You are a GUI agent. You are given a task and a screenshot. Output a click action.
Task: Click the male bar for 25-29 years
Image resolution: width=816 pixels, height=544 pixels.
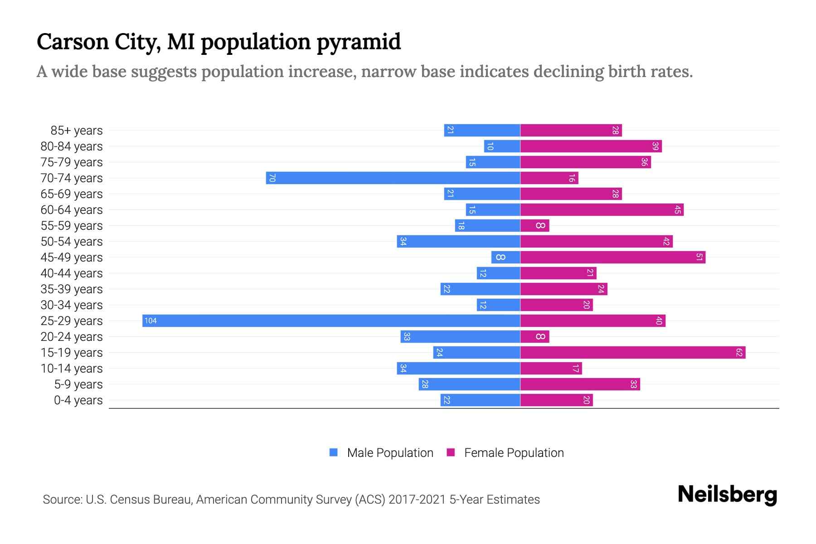click(x=331, y=321)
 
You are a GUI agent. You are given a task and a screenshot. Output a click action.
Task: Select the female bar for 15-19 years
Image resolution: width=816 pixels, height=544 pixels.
click(x=632, y=352)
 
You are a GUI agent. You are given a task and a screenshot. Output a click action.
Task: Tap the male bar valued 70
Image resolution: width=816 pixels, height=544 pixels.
click(x=393, y=178)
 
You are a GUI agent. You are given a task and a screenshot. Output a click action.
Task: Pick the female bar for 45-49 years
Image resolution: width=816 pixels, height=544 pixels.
click(x=612, y=257)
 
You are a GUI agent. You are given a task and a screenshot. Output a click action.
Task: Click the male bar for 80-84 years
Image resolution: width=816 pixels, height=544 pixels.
click(x=502, y=146)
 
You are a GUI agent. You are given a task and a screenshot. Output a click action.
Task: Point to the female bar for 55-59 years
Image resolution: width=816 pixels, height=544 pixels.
click(x=534, y=225)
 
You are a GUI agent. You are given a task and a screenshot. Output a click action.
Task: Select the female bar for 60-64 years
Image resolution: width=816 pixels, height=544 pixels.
click(x=602, y=209)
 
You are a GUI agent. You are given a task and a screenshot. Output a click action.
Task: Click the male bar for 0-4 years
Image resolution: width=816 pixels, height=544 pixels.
click(x=480, y=400)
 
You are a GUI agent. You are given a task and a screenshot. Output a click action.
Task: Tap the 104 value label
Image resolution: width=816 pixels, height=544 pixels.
click(x=151, y=321)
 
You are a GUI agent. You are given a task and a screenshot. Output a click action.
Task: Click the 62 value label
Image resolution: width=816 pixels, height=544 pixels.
click(x=739, y=352)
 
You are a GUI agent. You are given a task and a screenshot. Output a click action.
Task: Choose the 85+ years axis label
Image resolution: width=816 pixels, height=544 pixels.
click(x=77, y=131)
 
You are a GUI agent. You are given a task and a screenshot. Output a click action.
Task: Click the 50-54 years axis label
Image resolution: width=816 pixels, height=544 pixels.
click(x=72, y=242)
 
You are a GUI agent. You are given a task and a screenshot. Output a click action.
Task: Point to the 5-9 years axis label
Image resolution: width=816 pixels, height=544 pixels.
click(x=78, y=384)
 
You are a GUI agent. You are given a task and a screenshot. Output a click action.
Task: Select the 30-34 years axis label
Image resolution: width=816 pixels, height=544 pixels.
click(x=72, y=305)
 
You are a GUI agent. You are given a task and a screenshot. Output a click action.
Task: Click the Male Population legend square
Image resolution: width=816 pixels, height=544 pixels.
click(x=334, y=452)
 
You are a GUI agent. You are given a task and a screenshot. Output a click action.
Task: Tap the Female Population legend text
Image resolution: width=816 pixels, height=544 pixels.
click(x=514, y=452)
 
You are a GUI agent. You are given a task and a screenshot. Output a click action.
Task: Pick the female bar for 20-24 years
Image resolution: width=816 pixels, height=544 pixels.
click(x=534, y=336)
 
